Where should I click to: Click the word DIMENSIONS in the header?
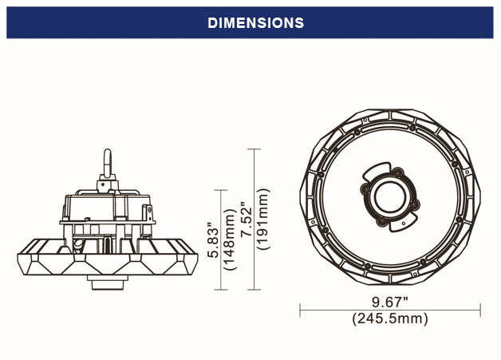[x=255, y=23]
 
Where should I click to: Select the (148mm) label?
[x=230, y=239]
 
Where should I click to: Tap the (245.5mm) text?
[x=390, y=318]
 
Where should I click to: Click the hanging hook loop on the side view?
[x=106, y=163]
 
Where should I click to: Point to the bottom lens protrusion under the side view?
[x=105, y=283]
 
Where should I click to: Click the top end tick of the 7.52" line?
[x=254, y=149]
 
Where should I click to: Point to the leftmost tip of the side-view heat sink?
[x=17, y=257]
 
